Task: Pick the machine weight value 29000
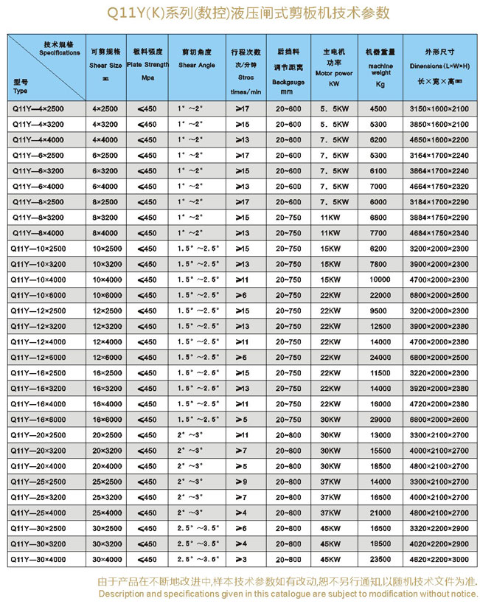pyautogui.click(x=380, y=419)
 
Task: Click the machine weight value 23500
pyautogui.click(x=380, y=559)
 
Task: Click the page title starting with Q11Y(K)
pyautogui.click(x=240, y=13)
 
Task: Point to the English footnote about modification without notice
pyautogui.click(x=288, y=593)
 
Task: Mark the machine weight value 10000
pyautogui.click(x=380, y=280)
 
